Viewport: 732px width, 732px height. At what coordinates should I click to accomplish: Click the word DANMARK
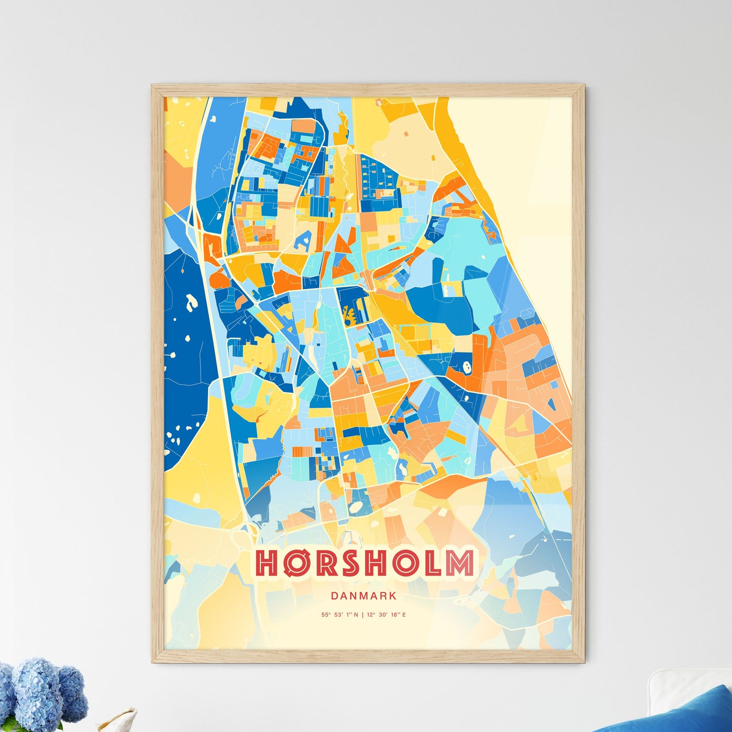tap(364, 596)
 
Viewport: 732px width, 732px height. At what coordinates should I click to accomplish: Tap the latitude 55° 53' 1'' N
tap(339, 615)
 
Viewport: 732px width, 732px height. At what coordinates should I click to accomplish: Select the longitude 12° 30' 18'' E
tap(386, 615)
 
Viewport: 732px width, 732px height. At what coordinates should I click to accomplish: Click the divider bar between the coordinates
tap(362, 615)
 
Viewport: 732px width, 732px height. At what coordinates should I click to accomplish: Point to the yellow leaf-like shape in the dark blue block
tap(349, 315)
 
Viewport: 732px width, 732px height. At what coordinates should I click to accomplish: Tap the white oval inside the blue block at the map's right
tap(467, 366)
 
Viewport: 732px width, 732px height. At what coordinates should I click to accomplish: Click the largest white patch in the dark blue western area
tap(191, 302)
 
